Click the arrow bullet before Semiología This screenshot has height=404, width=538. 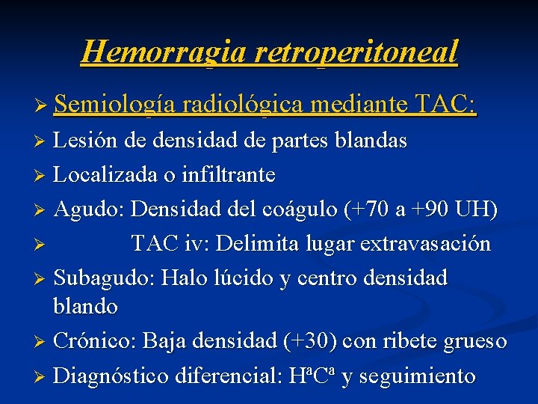pyautogui.click(x=43, y=107)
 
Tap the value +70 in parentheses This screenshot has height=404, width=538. pyautogui.click(x=374, y=210)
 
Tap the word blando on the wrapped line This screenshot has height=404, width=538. pyautogui.click(x=86, y=306)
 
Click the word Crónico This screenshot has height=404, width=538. pyautogui.click(x=95, y=341)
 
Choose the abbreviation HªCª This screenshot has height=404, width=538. pyautogui.click(x=311, y=375)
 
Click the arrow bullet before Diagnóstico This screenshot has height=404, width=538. pyautogui.click(x=43, y=376)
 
